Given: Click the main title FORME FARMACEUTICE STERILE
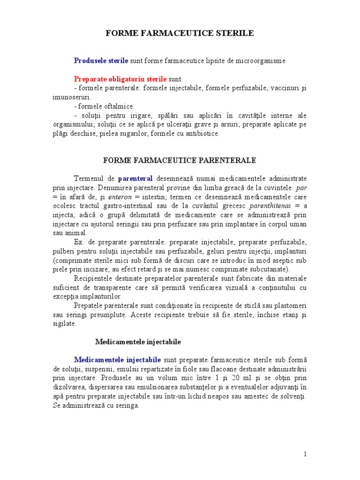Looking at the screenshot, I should pos(180,33).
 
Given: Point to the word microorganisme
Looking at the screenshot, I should pos(262,60).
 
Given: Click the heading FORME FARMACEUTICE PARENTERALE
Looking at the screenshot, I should pos(180,160).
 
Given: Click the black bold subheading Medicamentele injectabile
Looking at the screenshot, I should pos(138,342).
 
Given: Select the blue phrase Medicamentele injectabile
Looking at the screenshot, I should pos(117,360).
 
